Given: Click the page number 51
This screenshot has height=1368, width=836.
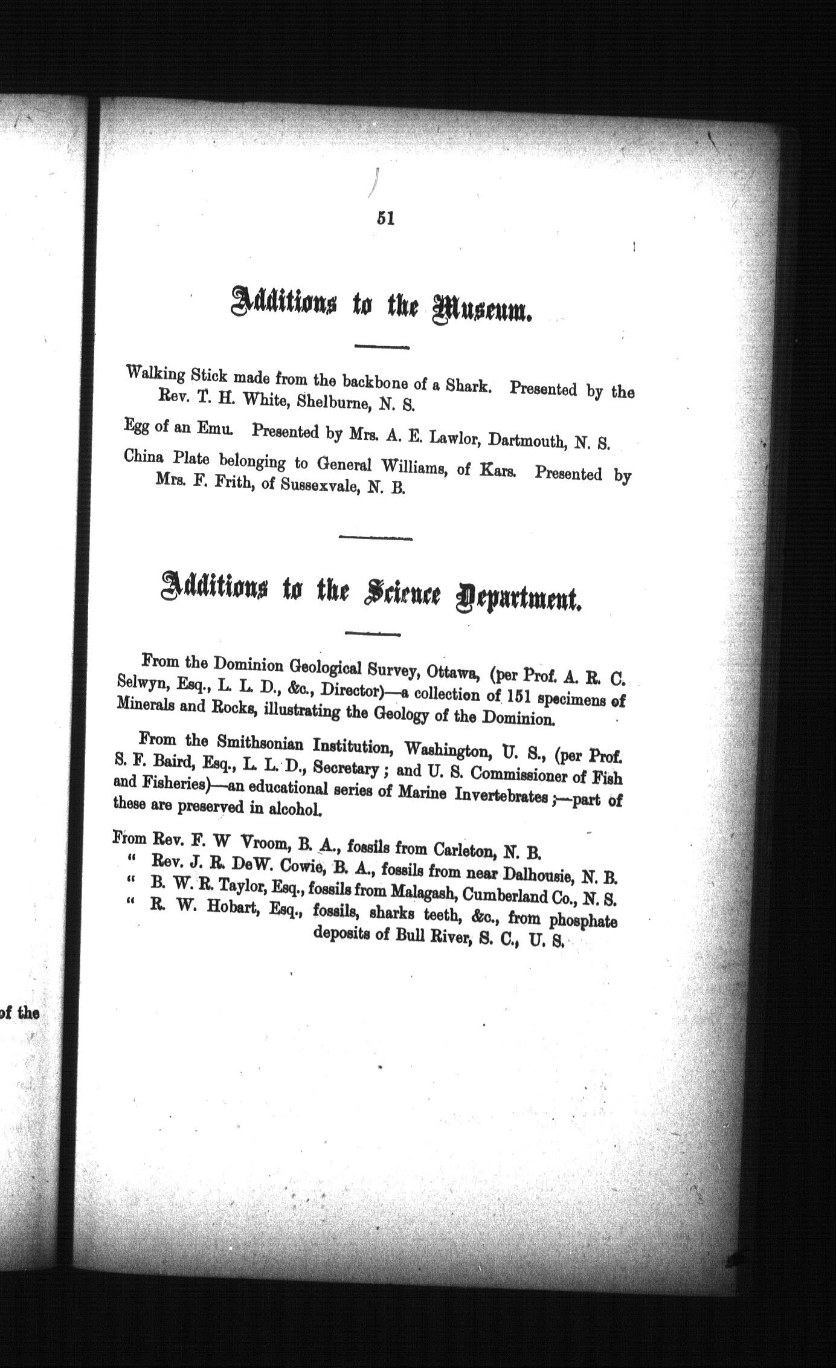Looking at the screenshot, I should pos(385,218).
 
